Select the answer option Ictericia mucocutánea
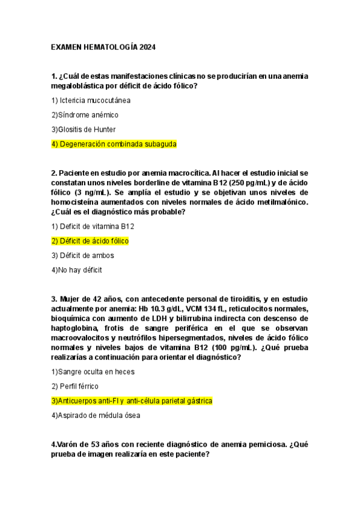point(91,100)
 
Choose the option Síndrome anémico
point(85,115)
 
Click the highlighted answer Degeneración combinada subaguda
point(114,144)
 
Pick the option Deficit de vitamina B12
point(93,226)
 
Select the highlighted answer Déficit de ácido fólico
point(90,241)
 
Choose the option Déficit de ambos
point(82,256)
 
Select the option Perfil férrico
point(75,386)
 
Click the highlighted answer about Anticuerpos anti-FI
point(132,401)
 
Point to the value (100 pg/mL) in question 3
point(226,348)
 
